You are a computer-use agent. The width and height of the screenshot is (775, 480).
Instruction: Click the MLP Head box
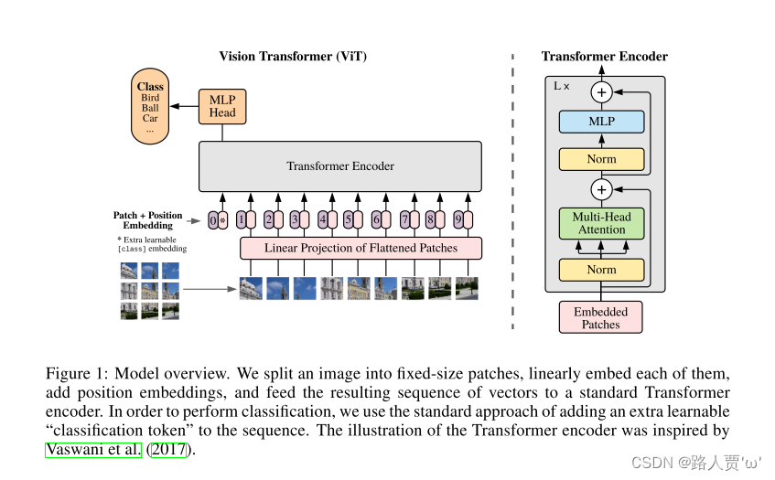(x=222, y=105)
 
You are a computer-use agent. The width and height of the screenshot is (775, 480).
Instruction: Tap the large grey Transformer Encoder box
(x=340, y=166)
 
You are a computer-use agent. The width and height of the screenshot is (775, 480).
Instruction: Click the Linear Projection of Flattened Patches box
(x=361, y=248)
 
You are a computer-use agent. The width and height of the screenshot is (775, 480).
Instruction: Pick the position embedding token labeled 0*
(x=217, y=220)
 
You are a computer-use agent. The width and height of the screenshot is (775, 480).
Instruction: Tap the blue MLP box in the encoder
(x=601, y=122)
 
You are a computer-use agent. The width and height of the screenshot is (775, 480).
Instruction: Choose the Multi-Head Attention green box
(x=601, y=223)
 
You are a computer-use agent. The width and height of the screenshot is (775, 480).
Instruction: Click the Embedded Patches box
(x=600, y=317)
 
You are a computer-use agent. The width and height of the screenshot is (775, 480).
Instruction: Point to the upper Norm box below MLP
(x=601, y=159)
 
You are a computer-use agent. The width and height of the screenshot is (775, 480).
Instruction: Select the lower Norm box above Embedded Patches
(x=601, y=270)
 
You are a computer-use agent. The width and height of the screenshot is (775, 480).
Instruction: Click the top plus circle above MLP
(x=601, y=92)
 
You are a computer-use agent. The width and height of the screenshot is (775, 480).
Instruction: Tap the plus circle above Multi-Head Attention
(x=601, y=190)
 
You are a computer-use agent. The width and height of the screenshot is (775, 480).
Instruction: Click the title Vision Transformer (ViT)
(x=293, y=57)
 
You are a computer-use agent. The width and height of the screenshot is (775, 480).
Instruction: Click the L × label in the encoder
(x=562, y=85)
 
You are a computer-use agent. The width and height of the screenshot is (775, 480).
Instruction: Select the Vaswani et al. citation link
(x=93, y=449)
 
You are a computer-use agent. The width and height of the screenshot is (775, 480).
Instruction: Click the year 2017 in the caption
(x=168, y=449)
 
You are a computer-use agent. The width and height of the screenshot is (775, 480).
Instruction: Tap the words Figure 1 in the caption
(x=75, y=374)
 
